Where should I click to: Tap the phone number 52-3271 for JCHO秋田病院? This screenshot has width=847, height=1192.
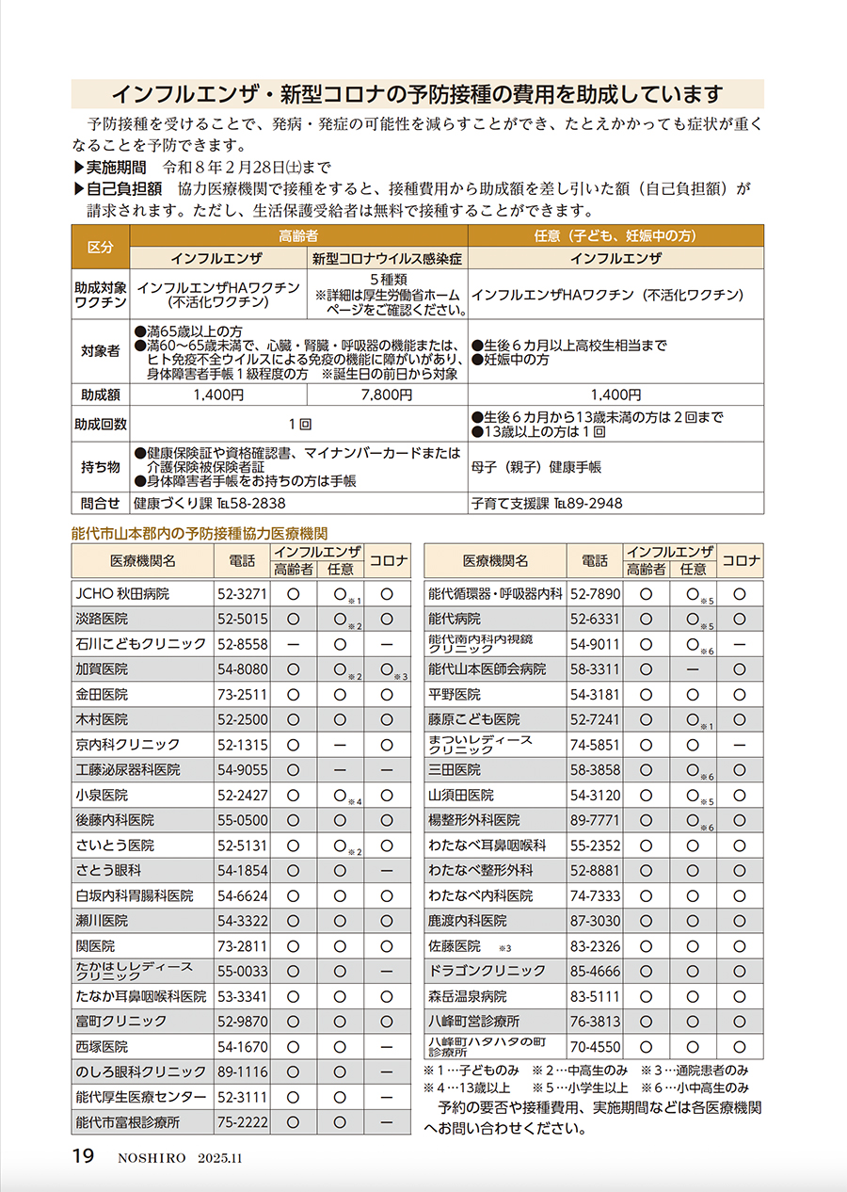243,594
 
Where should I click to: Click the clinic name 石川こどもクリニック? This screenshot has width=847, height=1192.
141,644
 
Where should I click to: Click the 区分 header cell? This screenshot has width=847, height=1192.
101,248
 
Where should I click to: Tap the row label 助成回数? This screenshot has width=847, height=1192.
101,425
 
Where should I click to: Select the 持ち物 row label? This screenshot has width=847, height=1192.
101,466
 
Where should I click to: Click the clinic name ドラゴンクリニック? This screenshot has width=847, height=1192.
487,971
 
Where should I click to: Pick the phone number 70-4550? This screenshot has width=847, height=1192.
595,1046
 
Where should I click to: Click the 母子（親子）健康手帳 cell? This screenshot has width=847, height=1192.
536,467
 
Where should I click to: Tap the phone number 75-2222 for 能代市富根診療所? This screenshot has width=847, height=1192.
243,1122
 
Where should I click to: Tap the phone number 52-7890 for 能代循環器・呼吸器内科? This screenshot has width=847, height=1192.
595,594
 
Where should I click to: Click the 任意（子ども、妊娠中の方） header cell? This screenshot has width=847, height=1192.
615,236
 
